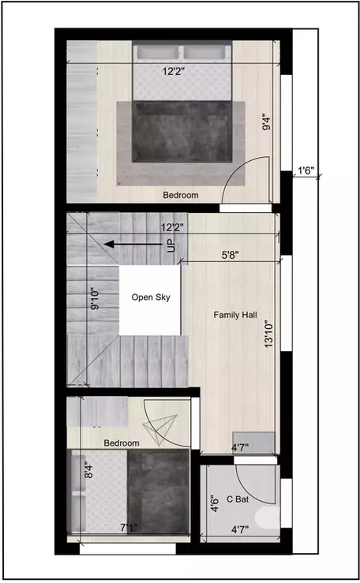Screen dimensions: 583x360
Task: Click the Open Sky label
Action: coord(150,297)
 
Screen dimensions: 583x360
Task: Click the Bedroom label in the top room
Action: coord(181,195)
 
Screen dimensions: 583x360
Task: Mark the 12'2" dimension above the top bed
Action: coord(174,72)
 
